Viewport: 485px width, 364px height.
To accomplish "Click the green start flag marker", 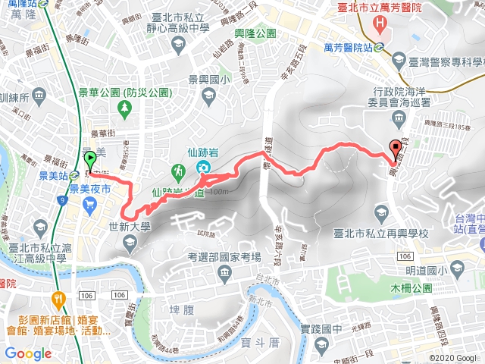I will [90, 160].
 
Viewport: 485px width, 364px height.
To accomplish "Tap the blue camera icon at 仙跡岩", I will [203, 168].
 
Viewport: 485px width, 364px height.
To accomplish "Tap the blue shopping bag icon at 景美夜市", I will [90, 202].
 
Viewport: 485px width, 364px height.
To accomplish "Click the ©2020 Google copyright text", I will [453, 358].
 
